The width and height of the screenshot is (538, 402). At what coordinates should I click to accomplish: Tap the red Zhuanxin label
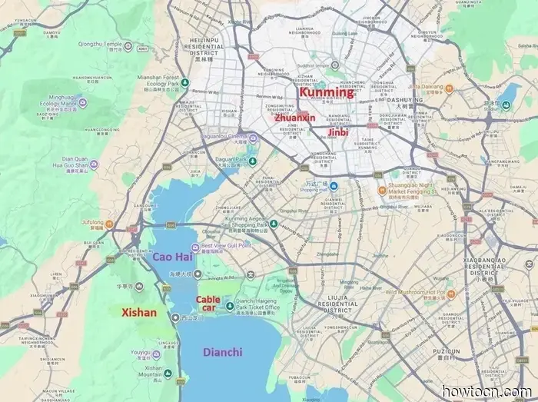pos(295,118)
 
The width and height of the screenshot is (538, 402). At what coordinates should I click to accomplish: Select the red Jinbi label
pos(338,132)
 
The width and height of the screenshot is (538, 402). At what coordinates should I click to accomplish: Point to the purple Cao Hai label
pos(172,257)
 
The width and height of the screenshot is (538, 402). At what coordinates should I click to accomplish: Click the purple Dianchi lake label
pos(222,352)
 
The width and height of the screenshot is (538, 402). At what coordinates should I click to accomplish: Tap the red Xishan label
pos(139,313)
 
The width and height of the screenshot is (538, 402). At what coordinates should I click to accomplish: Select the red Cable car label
pos(208,303)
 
